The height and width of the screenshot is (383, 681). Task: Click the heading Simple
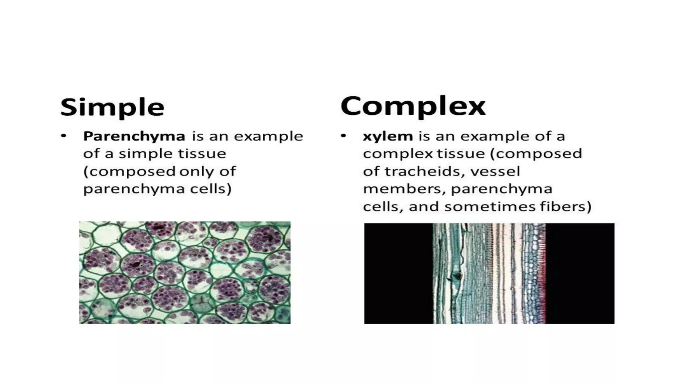(x=112, y=107)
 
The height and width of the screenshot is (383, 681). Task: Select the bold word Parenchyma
(x=134, y=136)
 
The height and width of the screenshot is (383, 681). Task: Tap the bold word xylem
(x=388, y=136)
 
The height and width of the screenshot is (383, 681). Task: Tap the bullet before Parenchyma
(x=64, y=136)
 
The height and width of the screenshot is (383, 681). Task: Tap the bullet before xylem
(x=343, y=136)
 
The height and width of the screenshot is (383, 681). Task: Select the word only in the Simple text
(x=197, y=172)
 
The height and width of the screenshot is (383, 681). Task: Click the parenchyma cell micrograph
(x=185, y=273)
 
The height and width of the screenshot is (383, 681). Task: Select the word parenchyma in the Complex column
(x=501, y=189)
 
